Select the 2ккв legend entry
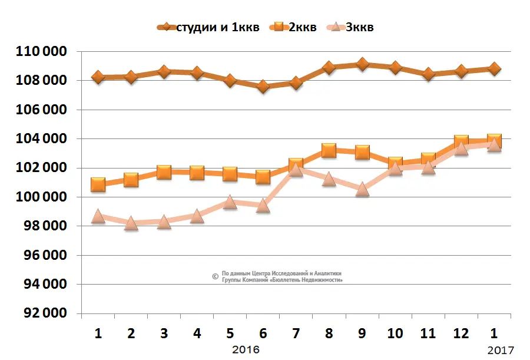[x=300, y=28]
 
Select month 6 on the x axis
[x=263, y=333]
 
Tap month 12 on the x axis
[x=461, y=333]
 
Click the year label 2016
[x=246, y=349]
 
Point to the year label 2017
[x=500, y=351]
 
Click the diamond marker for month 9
[x=362, y=64]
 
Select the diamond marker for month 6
[x=263, y=87]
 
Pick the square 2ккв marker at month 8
[x=329, y=151]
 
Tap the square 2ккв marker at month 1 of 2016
[x=98, y=184]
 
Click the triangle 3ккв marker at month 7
[x=296, y=170]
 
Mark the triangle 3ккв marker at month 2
[x=131, y=223]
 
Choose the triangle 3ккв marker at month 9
[x=362, y=189]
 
